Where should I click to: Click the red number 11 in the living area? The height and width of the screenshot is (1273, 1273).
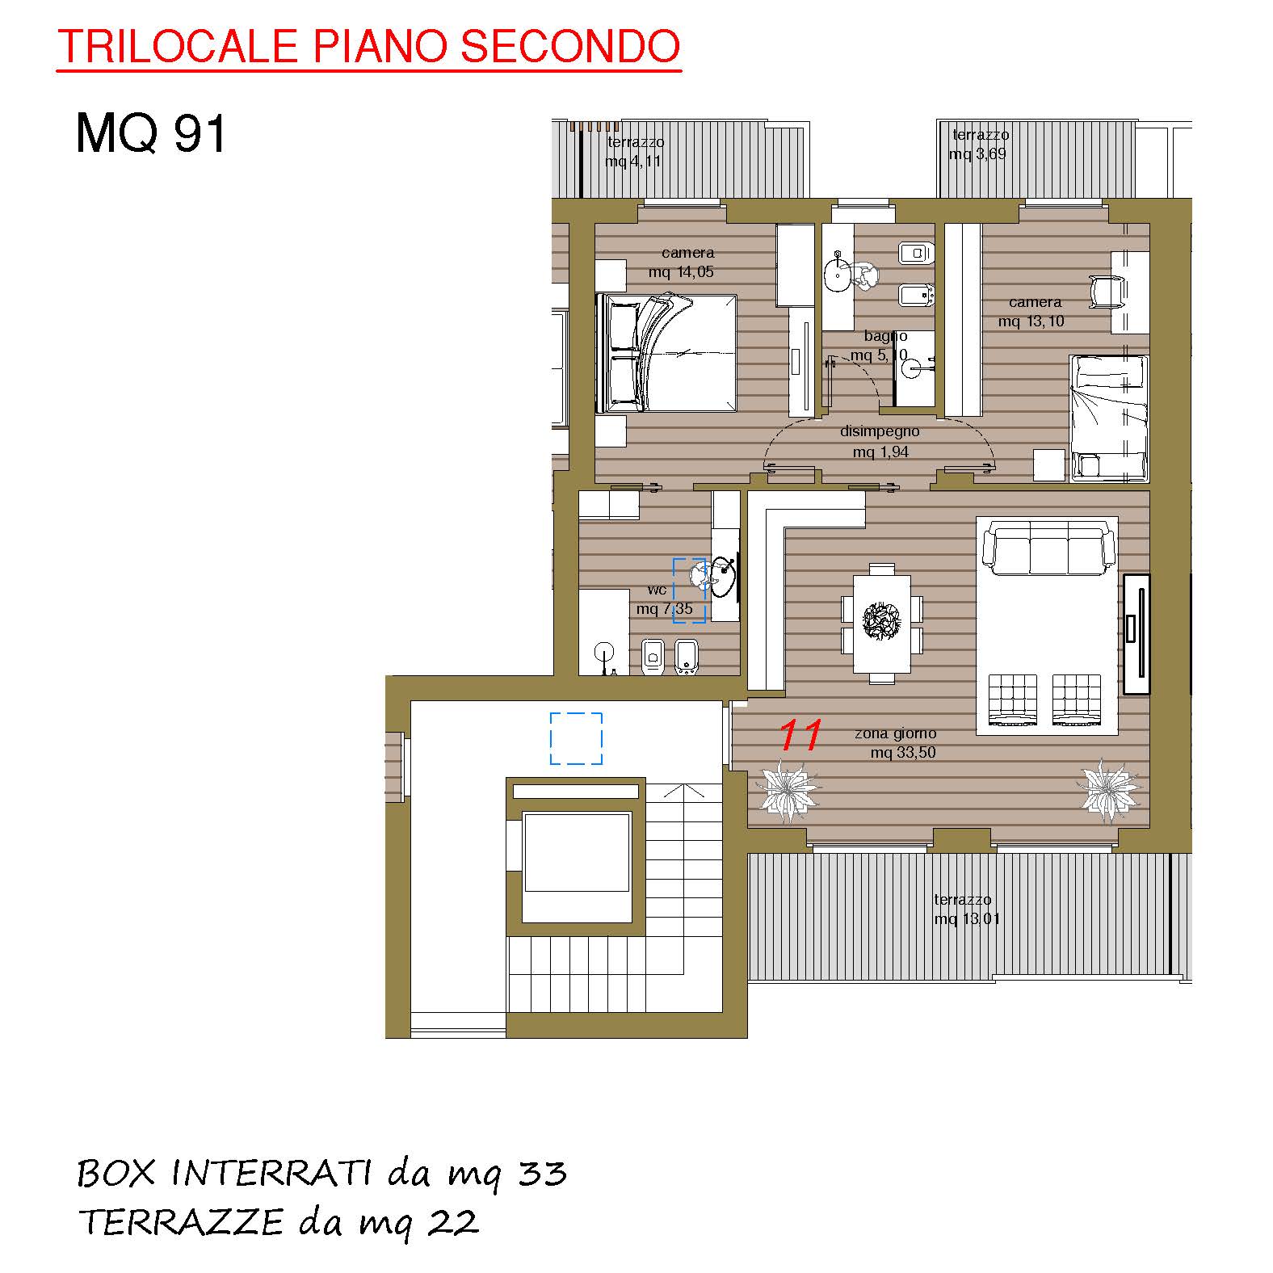[x=800, y=734]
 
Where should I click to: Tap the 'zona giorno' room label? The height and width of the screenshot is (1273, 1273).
[x=895, y=733]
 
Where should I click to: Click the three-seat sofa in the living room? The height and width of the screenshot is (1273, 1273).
[x=1048, y=548]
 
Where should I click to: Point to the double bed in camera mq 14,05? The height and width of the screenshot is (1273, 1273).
[x=666, y=353]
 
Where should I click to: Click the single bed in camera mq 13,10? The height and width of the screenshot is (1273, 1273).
[x=1109, y=418]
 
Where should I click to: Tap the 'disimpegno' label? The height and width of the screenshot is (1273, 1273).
[x=880, y=431]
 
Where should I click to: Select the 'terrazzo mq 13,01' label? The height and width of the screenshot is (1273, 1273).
[x=966, y=909]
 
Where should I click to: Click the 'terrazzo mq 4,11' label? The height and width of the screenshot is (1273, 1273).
[x=635, y=151]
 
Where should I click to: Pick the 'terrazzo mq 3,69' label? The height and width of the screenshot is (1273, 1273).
[x=979, y=144]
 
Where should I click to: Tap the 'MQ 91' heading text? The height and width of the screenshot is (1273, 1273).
[x=151, y=133]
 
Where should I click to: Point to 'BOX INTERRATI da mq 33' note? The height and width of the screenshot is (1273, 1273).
[x=321, y=1174]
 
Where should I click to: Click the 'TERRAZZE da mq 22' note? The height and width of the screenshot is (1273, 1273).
[x=279, y=1222]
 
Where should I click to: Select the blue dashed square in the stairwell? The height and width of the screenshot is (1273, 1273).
[x=576, y=738]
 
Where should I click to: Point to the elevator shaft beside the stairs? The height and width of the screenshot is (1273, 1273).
[x=576, y=856]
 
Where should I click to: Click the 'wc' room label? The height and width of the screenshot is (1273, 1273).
[x=657, y=590]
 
